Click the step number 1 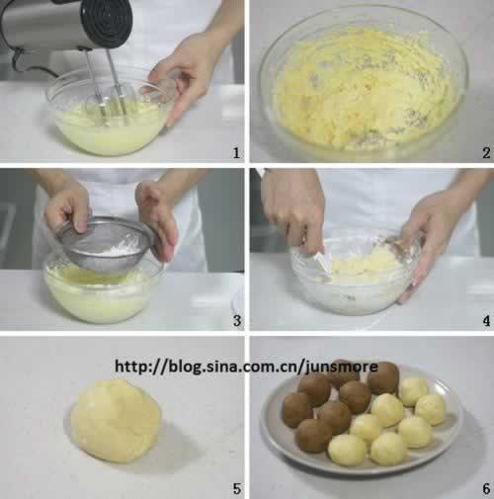coord(236,153)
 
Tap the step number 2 coord(486,153)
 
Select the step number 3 coord(237,320)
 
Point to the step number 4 coord(486,320)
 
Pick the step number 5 coord(237,489)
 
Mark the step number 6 coord(486,489)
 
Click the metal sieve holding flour coord(106,245)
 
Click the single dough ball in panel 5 coord(116,422)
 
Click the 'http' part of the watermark coord(129,367)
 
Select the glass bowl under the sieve coord(102,290)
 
